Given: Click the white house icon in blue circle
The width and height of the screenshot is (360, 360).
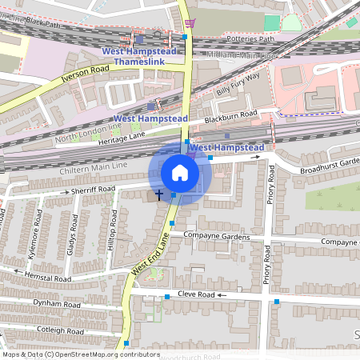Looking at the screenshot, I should tap(180, 173).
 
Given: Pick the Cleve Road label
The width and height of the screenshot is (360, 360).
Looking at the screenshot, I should tap(197, 295).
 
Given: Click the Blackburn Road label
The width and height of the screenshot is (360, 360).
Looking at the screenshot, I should tap(230, 118).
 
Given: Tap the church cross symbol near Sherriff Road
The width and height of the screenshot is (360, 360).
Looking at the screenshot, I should tap(158, 194).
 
